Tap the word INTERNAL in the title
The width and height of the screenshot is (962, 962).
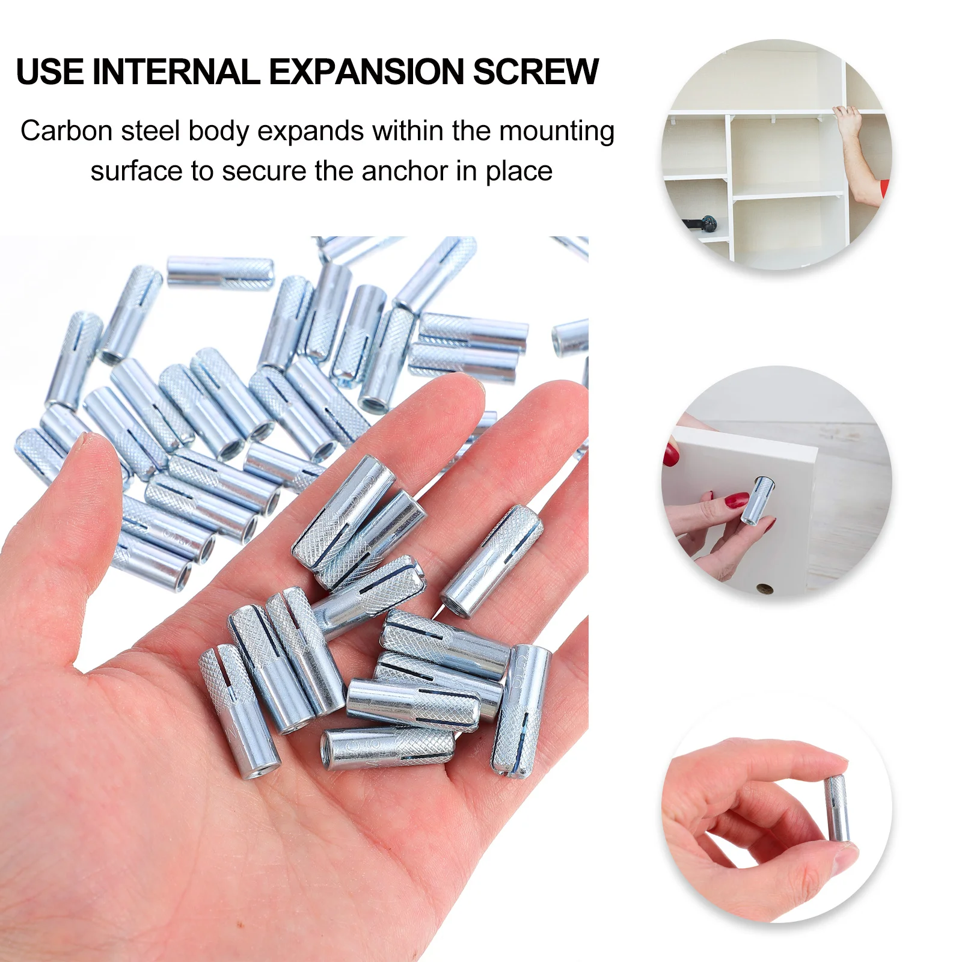(x=176, y=72)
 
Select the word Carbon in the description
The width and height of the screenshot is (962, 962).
(x=66, y=131)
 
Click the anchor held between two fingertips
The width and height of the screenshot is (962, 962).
(x=837, y=808)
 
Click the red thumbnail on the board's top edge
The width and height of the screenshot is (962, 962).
(x=671, y=454)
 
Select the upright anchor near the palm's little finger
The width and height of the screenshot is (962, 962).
(x=521, y=710)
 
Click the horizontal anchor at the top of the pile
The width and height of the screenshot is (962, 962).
(x=220, y=271)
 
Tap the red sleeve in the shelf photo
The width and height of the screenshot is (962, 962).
(x=883, y=186)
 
